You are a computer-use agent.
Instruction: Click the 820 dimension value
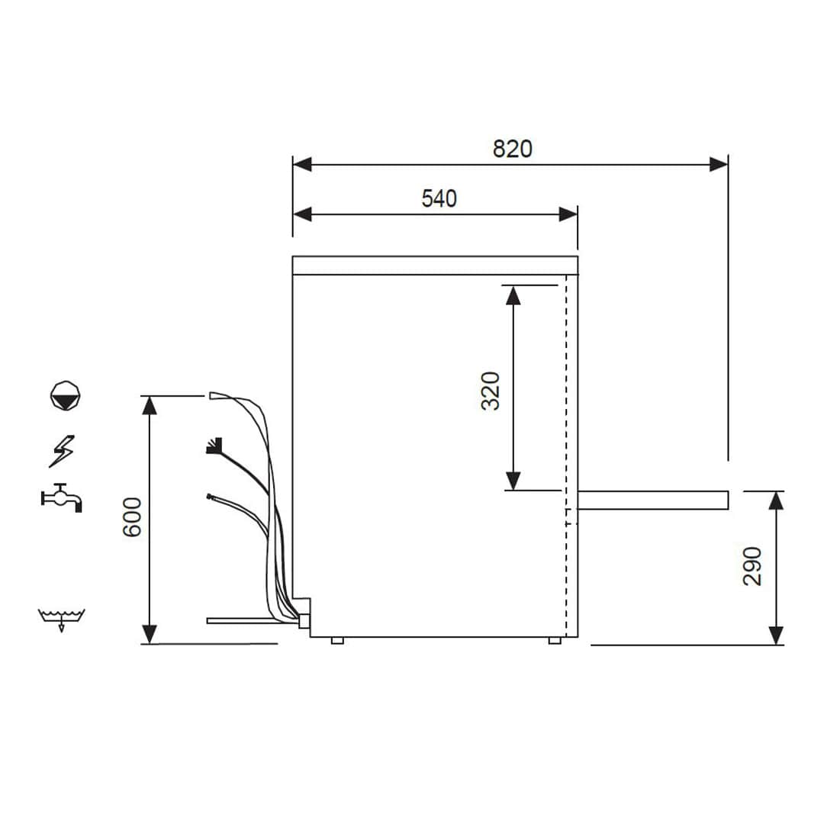point(512,149)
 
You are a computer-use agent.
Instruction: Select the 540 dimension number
point(439,198)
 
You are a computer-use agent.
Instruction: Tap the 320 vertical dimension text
point(491,390)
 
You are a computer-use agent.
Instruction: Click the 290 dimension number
point(753,565)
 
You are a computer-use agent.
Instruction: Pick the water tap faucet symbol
point(62,497)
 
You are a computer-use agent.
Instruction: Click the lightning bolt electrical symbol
point(62,450)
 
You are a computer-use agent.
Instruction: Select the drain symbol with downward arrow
point(62,619)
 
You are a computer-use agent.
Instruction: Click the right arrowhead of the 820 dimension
point(718,164)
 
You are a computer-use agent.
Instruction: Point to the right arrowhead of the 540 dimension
point(568,214)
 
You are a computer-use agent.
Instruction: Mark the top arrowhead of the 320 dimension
point(513,295)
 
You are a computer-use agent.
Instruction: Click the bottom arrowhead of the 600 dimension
point(150,634)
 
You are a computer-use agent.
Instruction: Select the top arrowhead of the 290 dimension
point(776,501)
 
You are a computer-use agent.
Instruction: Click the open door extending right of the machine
point(653,500)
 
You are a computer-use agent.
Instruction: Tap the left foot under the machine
point(337,640)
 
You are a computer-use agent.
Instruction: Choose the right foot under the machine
point(555,640)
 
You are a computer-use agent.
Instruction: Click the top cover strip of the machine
point(435,265)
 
